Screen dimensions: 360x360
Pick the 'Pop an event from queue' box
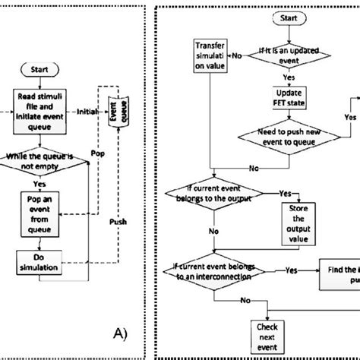click(42, 208)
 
